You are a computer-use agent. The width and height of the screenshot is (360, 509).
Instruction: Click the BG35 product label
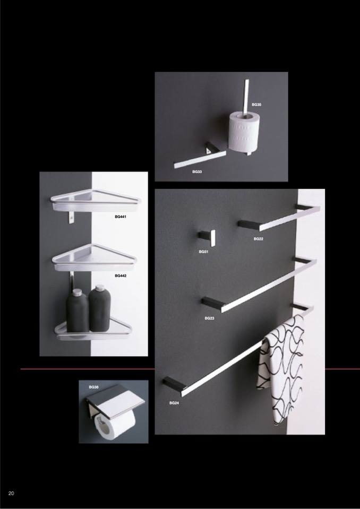point(256,105)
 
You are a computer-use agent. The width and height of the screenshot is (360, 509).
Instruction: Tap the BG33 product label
point(196,172)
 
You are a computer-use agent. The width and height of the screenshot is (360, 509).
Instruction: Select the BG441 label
point(121,217)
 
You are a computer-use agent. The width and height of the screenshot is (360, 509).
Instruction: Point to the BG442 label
point(121,275)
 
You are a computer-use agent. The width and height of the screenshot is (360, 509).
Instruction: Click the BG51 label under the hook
point(203,252)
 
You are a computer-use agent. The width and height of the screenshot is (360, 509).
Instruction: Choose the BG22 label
point(259,239)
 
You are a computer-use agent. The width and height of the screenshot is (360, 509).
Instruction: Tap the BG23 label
point(209,318)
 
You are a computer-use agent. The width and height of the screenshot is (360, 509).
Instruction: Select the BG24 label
point(174,403)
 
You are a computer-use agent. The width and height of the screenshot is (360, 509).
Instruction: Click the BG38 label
point(93,387)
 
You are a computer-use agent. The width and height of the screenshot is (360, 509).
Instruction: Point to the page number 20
point(11,494)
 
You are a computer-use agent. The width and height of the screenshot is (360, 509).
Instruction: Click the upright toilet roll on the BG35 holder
point(244,131)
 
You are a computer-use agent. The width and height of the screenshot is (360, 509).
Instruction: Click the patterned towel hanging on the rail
point(281,368)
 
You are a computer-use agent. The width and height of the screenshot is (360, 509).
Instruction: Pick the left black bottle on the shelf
point(77,310)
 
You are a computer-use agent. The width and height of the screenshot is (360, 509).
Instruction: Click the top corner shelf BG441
point(95,200)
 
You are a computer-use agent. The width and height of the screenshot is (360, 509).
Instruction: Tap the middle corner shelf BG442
point(94,258)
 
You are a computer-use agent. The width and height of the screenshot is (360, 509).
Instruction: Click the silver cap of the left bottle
point(76,292)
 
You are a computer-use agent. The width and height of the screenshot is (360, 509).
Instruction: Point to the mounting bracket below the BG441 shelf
point(71,217)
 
